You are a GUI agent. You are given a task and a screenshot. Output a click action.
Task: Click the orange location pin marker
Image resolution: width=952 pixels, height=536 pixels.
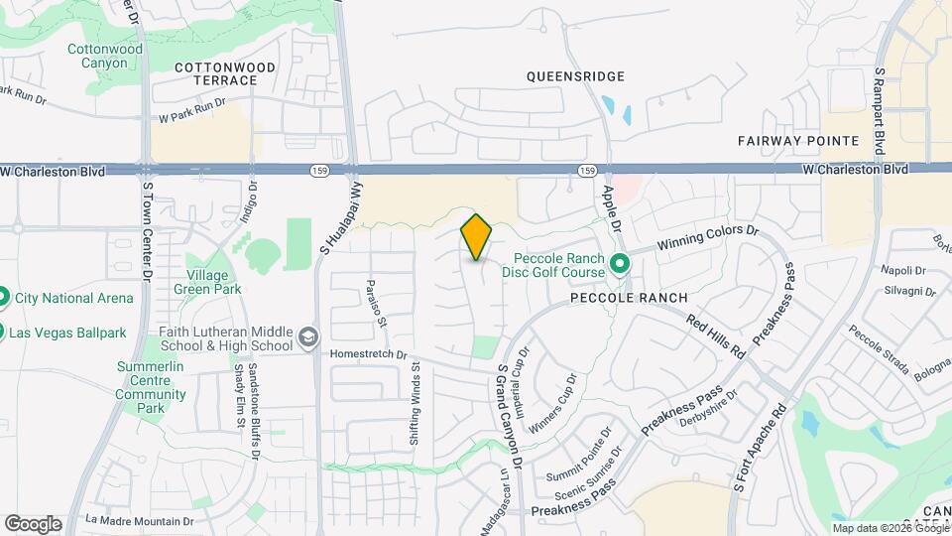coord(476,237)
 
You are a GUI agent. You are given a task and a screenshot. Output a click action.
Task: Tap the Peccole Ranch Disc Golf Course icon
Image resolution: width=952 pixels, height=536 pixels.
coord(621,264)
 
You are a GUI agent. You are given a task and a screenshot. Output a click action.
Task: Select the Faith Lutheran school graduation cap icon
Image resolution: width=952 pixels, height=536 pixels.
coord(310,337)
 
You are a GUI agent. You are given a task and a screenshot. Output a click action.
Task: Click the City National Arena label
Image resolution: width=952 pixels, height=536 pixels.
coord(73,298)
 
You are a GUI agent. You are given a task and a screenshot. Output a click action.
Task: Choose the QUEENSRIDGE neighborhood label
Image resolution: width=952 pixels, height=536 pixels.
coord(575,75)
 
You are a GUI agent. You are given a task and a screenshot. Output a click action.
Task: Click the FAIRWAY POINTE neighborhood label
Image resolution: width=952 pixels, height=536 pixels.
coord(789,141)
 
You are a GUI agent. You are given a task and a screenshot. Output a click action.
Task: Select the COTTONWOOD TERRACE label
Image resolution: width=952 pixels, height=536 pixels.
coord(225,73)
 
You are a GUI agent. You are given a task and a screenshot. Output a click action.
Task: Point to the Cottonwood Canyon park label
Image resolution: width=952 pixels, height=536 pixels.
coord(105,56)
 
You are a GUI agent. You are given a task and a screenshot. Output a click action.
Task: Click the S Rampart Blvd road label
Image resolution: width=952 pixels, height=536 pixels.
coord(879,110)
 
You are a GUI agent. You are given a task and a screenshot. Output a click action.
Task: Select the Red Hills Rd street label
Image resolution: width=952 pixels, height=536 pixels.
coord(715,335)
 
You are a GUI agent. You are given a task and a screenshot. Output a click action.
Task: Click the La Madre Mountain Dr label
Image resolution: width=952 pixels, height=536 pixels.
coord(139,520)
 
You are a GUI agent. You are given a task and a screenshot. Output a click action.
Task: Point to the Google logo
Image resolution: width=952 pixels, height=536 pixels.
coord(33,524)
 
